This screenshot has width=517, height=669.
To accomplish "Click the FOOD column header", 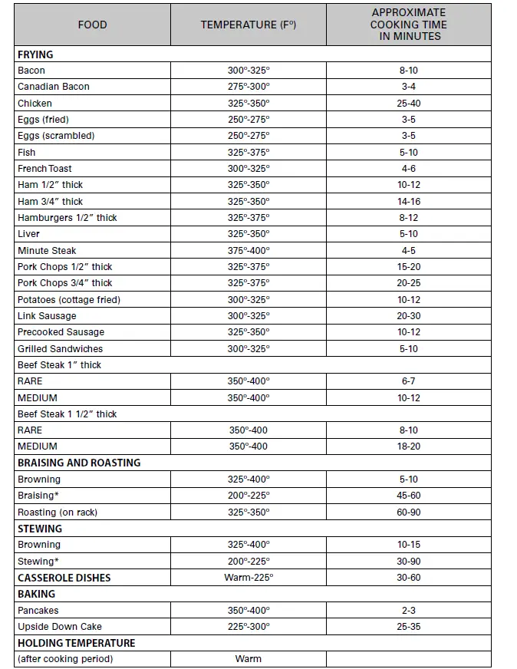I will pos(92,25).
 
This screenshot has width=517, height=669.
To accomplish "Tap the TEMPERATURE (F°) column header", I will pos(248,25).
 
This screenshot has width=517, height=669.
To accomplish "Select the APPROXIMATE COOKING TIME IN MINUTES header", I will pos(408,25).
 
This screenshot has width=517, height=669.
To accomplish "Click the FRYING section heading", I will pos(35,54).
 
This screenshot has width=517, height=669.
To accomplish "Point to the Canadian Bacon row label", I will pos(54,87).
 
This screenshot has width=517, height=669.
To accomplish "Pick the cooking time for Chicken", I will pos(408,104).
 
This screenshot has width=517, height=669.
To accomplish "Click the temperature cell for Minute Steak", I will pos(248,250).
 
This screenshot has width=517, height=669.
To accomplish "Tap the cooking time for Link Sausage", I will pos(408,316).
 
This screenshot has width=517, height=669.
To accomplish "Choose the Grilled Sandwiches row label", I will pos(60,348).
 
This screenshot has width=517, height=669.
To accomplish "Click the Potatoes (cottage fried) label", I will pos(69,299).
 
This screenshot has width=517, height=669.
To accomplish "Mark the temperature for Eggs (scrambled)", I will pos(248,136).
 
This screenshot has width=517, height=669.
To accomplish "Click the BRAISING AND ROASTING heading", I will pos(79,463).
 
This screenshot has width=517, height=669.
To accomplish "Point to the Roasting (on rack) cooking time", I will pos(408,512).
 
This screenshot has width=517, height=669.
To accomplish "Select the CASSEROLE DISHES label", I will pos(64,578).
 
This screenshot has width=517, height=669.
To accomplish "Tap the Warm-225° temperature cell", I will pos(248,578).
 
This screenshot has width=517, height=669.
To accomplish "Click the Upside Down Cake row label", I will pos(60,627).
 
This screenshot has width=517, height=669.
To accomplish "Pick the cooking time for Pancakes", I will pos(408,611).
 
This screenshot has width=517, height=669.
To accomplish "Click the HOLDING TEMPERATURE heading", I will pos(77,643).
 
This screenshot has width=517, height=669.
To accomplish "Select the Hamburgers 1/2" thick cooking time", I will pos(408,218).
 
